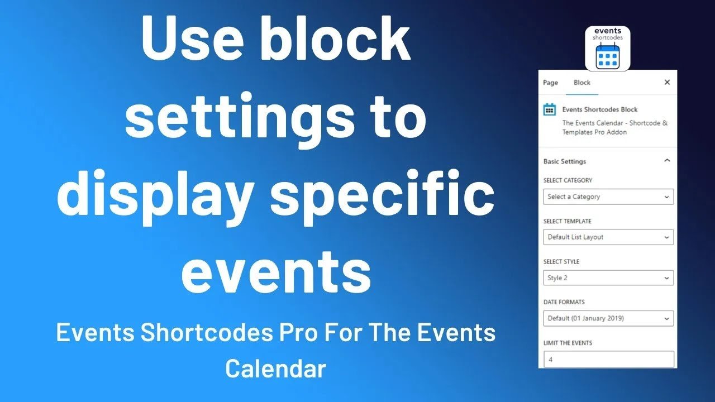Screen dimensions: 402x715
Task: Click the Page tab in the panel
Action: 550,83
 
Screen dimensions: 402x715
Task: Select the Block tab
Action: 581,83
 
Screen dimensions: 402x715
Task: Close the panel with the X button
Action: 666,82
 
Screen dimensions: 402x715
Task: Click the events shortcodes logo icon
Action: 607,49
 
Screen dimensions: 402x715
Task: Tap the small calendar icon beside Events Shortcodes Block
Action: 550,109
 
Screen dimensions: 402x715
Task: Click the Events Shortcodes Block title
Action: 599,109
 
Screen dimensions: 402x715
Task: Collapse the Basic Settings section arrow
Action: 666,161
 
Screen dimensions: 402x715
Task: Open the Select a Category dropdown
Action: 608,197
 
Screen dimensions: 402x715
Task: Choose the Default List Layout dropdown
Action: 608,237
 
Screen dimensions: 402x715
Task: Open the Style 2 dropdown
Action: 608,277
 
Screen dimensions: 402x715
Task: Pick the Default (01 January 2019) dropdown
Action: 608,318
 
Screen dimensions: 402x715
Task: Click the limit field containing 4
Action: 608,360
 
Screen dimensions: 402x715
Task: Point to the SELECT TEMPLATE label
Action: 567,221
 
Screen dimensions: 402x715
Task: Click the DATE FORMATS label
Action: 564,302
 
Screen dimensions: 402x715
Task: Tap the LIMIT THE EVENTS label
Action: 568,343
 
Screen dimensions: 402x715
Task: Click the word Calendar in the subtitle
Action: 275,368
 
